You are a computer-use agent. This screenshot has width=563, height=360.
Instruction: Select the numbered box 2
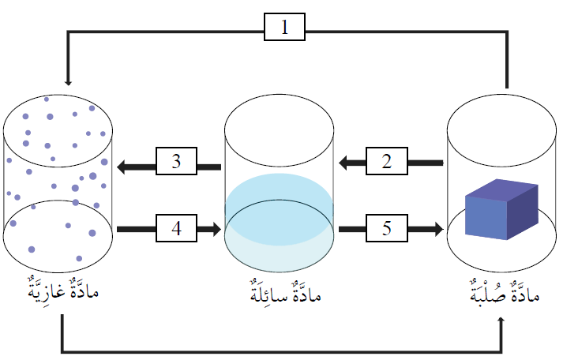(387, 163)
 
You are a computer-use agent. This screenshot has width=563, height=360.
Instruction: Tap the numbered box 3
(177, 163)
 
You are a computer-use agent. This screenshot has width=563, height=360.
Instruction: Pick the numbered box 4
(177, 229)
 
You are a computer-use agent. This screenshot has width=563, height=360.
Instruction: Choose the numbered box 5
(387, 229)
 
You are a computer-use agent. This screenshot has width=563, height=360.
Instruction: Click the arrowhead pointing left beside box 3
(123, 166)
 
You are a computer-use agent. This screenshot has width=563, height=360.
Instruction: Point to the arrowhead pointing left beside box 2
(345, 163)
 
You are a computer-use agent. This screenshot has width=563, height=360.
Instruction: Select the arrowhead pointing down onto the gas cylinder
(68, 82)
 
